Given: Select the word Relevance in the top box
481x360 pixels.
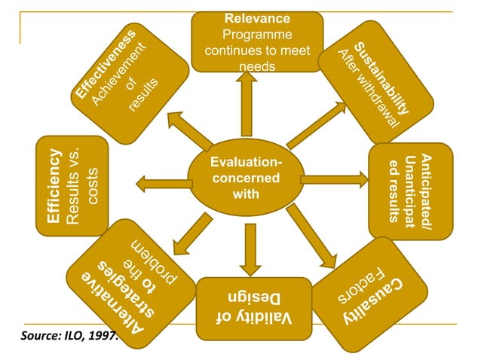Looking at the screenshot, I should coord(258,18).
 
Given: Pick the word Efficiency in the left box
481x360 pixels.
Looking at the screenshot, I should coord(54,185).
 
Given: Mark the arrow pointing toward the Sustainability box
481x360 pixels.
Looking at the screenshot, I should coord(316,124).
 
